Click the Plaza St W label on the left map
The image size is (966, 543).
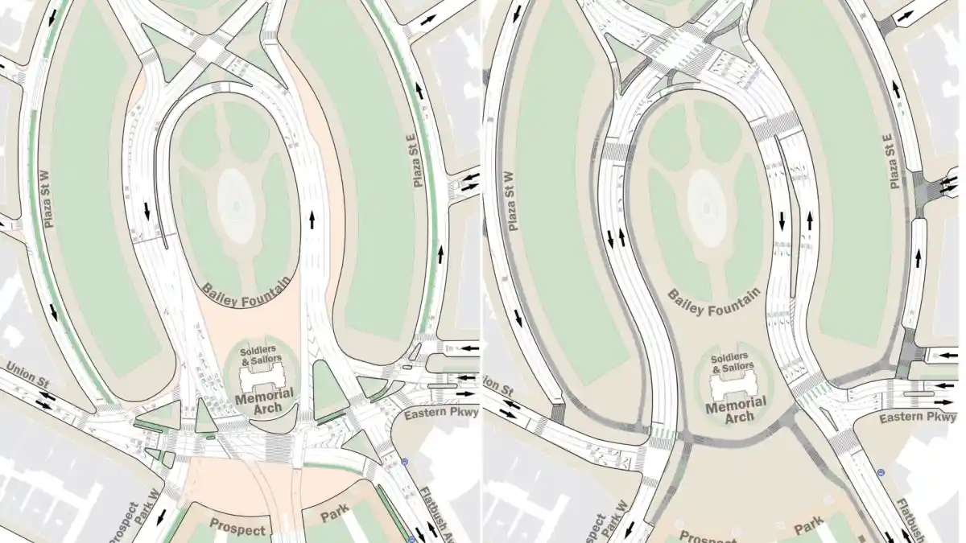pos(50,195)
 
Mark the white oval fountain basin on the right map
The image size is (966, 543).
pos(707,205)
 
